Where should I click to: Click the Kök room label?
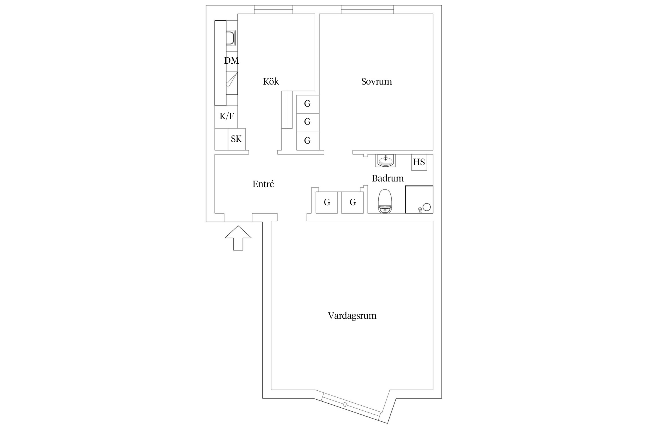click(x=271, y=81)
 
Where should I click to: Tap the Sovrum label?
click(x=376, y=81)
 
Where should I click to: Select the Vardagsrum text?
click(x=352, y=316)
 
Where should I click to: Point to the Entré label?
click(x=263, y=184)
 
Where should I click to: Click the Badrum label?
click(x=388, y=178)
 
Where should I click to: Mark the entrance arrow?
click(x=238, y=238)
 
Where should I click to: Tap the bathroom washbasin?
click(x=386, y=161)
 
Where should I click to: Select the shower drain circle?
click(x=427, y=207)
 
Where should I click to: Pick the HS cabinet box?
click(x=419, y=162)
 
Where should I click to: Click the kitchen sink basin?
click(x=230, y=38)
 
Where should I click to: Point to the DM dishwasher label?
click(x=231, y=60)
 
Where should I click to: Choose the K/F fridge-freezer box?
click(x=226, y=117)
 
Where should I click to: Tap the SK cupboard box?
click(x=237, y=139)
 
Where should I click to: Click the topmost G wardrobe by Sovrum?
click(x=308, y=104)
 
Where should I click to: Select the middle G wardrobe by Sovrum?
click(x=308, y=123)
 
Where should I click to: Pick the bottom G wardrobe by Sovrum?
click(x=308, y=141)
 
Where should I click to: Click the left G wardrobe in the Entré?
click(x=327, y=202)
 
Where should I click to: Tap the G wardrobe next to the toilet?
click(x=353, y=202)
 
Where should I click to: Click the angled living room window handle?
click(x=345, y=404)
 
